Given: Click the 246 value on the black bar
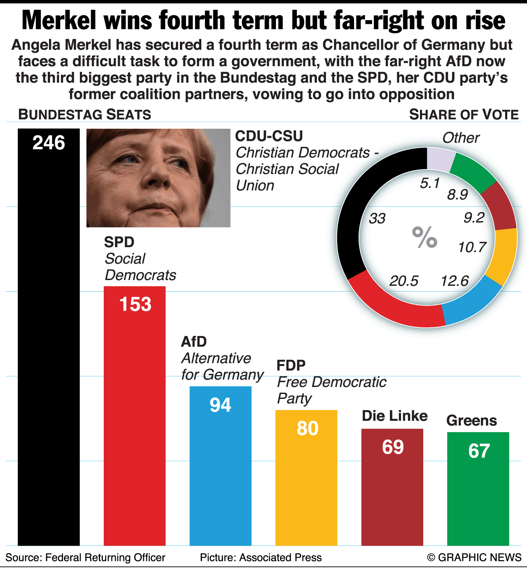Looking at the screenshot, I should click(49, 143).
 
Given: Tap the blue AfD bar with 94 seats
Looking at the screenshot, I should click(220, 469).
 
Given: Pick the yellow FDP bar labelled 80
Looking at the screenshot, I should click(306, 481).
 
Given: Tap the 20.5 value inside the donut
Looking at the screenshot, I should click(404, 281).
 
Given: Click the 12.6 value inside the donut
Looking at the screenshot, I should click(455, 281).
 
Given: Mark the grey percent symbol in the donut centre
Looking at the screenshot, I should click(424, 238).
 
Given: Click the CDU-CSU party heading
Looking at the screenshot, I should click(269, 136).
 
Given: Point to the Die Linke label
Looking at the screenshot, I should click(394, 416).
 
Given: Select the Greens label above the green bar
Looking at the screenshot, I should click(471, 421).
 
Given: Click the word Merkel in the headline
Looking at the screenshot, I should click(61, 21).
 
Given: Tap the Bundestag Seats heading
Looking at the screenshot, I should click(85, 114).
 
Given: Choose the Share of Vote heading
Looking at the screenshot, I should click(464, 115).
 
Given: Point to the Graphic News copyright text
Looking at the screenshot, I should click(474, 558).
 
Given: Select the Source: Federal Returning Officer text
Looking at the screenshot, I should click(85, 558).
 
